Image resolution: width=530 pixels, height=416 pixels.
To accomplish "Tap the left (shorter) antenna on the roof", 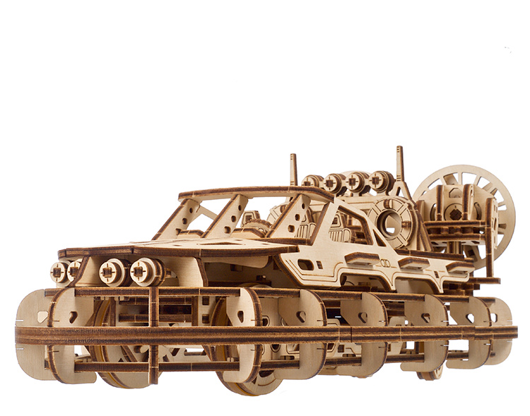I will [x=293, y=170].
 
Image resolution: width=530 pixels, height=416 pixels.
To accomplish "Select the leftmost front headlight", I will [x=58, y=272].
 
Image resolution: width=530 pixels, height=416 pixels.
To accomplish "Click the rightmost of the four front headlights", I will [x=146, y=272].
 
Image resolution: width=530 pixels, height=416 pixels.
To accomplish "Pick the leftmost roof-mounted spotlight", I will [x=311, y=182].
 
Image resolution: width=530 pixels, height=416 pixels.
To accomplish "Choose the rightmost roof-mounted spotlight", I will [x=382, y=181].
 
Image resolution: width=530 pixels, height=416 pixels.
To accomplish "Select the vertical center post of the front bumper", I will [x=153, y=332].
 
